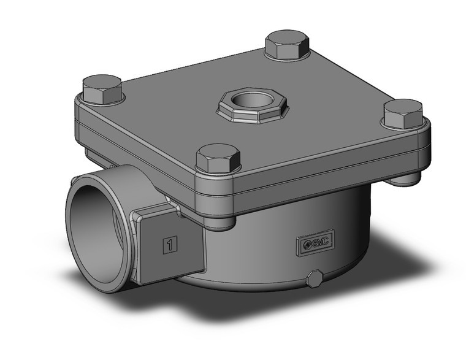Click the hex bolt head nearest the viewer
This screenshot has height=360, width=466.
click(216, 158)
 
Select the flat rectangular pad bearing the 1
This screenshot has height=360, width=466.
click(172, 245)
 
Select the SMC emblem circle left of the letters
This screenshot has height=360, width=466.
click(305, 244)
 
